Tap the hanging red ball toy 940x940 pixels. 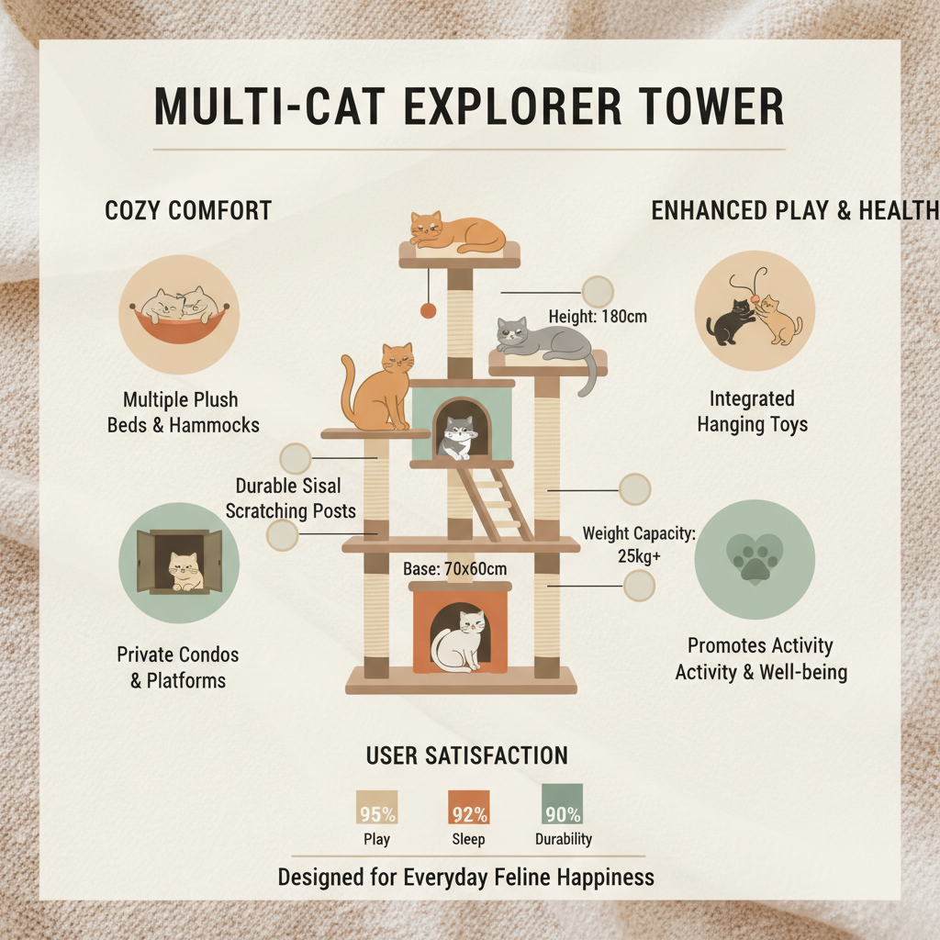click(x=428, y=310)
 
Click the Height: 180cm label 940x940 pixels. click(x=598, y=317)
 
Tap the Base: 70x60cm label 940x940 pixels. click(x=455, y=569)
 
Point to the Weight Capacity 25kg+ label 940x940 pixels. click(x=640, y=543)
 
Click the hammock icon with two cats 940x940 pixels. click(x=179, y=314)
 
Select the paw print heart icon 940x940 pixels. click(x=754, y=559)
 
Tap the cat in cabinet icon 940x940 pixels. click(x=180, y=563)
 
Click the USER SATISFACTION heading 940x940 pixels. click(x=466, y=755)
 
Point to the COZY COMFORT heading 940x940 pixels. click(x=188, y=210)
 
